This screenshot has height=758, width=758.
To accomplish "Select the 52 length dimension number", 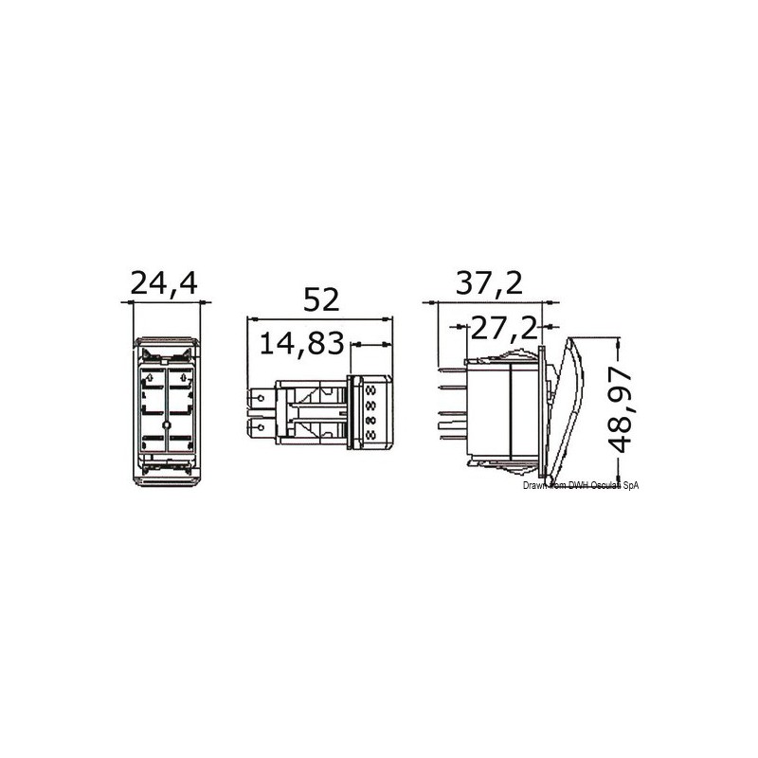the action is (321, 299).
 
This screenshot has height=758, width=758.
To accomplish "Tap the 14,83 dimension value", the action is (301, 343).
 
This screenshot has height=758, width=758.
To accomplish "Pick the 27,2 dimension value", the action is (504, 327).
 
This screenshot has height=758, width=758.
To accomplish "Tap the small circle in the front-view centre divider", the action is (167, 424).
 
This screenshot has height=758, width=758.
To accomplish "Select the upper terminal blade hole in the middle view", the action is (262, 398).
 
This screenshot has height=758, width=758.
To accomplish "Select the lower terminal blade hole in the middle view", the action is (262, 427).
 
